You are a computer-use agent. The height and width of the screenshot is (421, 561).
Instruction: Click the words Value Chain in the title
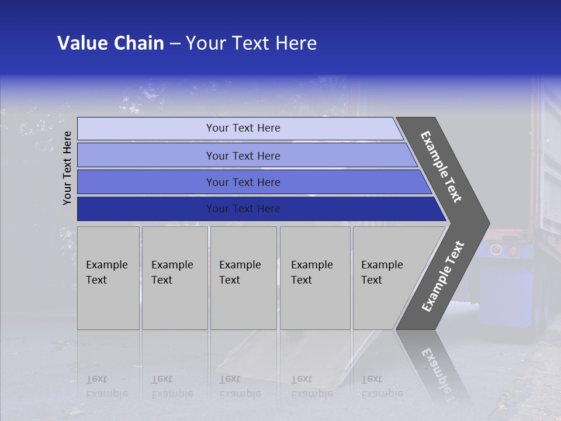pos(110,43)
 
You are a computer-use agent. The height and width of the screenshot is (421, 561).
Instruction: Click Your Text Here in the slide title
pos(251,43)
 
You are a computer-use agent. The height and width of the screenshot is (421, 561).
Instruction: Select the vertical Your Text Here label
pos(68,168)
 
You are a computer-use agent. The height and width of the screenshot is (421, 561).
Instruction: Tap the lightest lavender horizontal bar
pos(240,128)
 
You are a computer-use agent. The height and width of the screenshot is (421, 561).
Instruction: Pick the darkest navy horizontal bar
pos(257,209)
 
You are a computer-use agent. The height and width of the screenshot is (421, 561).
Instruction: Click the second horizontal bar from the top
pos(245,156)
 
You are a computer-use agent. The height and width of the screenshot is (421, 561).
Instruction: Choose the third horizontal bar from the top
pos(251,182)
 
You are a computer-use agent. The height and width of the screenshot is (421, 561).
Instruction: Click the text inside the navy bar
pos(243,209)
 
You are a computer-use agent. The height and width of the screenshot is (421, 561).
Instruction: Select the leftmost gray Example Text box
pos(108,278)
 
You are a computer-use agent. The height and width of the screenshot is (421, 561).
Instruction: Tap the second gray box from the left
pos(175,278)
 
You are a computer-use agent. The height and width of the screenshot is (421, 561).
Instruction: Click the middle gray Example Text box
pos(243,278)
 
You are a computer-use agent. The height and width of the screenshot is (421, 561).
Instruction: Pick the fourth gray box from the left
pos(315,278)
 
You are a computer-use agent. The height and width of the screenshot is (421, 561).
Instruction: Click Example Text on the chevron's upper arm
pos(441,167)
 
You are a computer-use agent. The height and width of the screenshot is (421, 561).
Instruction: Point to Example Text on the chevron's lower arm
pos(442,277)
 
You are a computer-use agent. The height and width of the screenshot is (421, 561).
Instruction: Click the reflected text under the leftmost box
pos(106,386)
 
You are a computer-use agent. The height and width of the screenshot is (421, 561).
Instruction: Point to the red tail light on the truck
pos(513,251)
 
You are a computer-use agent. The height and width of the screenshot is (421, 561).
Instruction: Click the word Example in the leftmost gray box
pos(106,265)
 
